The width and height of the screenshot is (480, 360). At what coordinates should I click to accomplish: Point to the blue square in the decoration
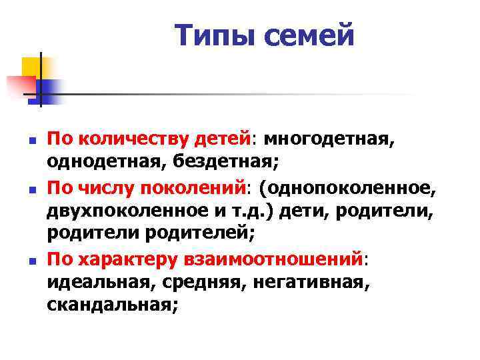tap(48, 89)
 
